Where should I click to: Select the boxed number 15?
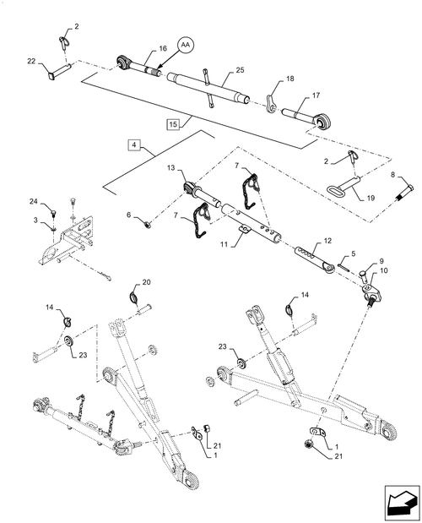[x=173, y=124]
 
